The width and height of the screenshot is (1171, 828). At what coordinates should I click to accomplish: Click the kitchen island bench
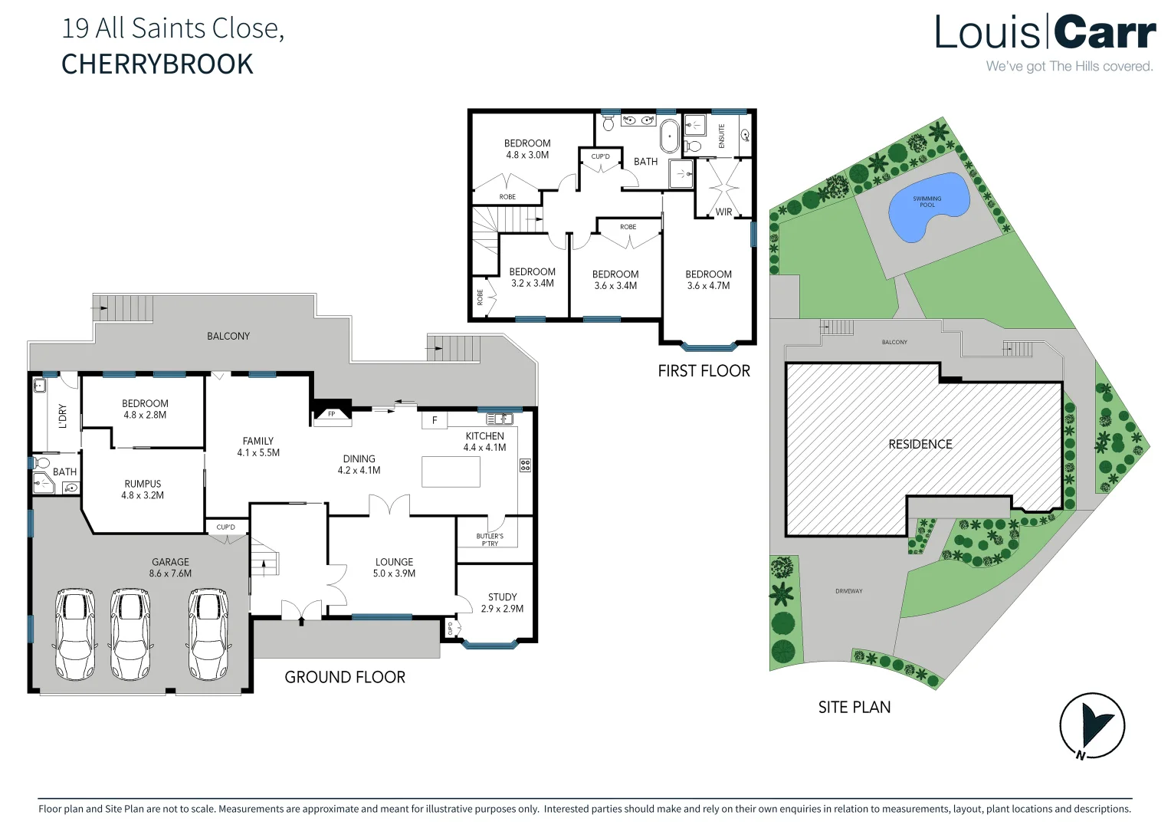point(451,472)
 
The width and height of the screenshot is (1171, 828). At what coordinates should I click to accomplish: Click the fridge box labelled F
point(435,420)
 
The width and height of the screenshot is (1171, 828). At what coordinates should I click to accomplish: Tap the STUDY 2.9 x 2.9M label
point(502,603)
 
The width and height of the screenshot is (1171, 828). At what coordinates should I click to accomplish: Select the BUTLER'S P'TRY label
point(490,540)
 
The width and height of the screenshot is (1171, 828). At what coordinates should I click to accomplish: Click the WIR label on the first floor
point(723,212)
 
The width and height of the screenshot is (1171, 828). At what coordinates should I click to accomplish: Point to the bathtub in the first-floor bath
point(670,136)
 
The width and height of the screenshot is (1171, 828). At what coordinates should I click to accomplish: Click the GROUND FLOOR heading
point(345,677)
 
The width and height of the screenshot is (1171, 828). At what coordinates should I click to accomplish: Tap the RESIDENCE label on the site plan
point(920,444)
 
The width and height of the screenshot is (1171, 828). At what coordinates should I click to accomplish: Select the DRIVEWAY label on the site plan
point(848,591)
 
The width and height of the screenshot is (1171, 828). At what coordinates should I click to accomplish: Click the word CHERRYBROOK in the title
point(157,64)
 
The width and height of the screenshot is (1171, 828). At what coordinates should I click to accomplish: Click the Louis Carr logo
point(1045,34)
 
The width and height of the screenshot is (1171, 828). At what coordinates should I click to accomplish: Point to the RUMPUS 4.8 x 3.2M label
point(143,489)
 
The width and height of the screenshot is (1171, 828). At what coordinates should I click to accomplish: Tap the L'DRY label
point(63,416)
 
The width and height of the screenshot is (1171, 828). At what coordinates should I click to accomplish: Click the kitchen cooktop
point(525,465)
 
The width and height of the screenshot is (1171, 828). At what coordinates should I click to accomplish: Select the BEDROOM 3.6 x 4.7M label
point(708,280)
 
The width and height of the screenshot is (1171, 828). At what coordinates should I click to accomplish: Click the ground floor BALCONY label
point(228,336)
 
